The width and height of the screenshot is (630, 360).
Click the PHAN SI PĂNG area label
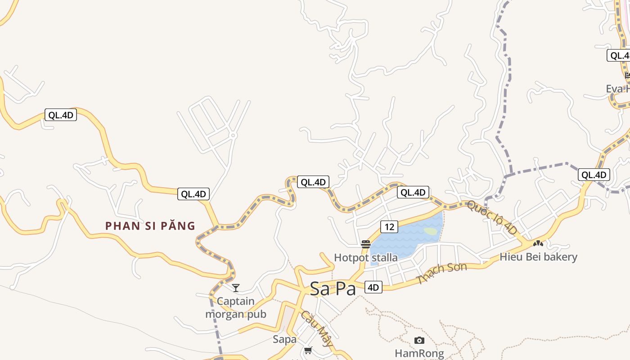tap(150, 226)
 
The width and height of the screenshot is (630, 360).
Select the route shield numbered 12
tap(389, 227)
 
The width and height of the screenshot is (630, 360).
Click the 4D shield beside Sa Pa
tap(373, 287)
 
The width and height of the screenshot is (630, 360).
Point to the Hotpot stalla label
tap(365, 258)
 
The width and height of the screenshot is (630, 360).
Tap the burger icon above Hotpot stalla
tap(366, 244)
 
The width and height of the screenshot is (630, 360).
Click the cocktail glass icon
tap(236, 288)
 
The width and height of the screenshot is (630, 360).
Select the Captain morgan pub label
tap(236, 308)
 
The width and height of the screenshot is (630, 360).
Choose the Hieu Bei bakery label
tap(538, 257)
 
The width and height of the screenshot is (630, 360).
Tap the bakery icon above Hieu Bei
tap(538, 243)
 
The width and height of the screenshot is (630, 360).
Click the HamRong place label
tap(419, 353)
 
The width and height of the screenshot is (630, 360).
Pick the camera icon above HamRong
tap(419, 341)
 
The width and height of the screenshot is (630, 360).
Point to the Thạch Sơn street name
tap(442, 273)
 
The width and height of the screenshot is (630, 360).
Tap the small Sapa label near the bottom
tap(284, 339)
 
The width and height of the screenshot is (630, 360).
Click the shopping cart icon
tap(308, 350)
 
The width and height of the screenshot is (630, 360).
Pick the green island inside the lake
tap(431, 231)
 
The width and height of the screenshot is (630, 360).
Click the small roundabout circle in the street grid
tap(233, 135)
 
